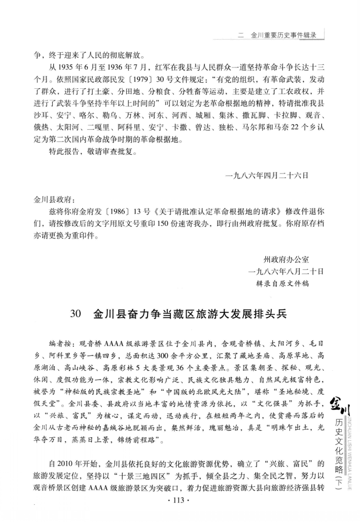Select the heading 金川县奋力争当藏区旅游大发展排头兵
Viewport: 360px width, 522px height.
tap(190, 315)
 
